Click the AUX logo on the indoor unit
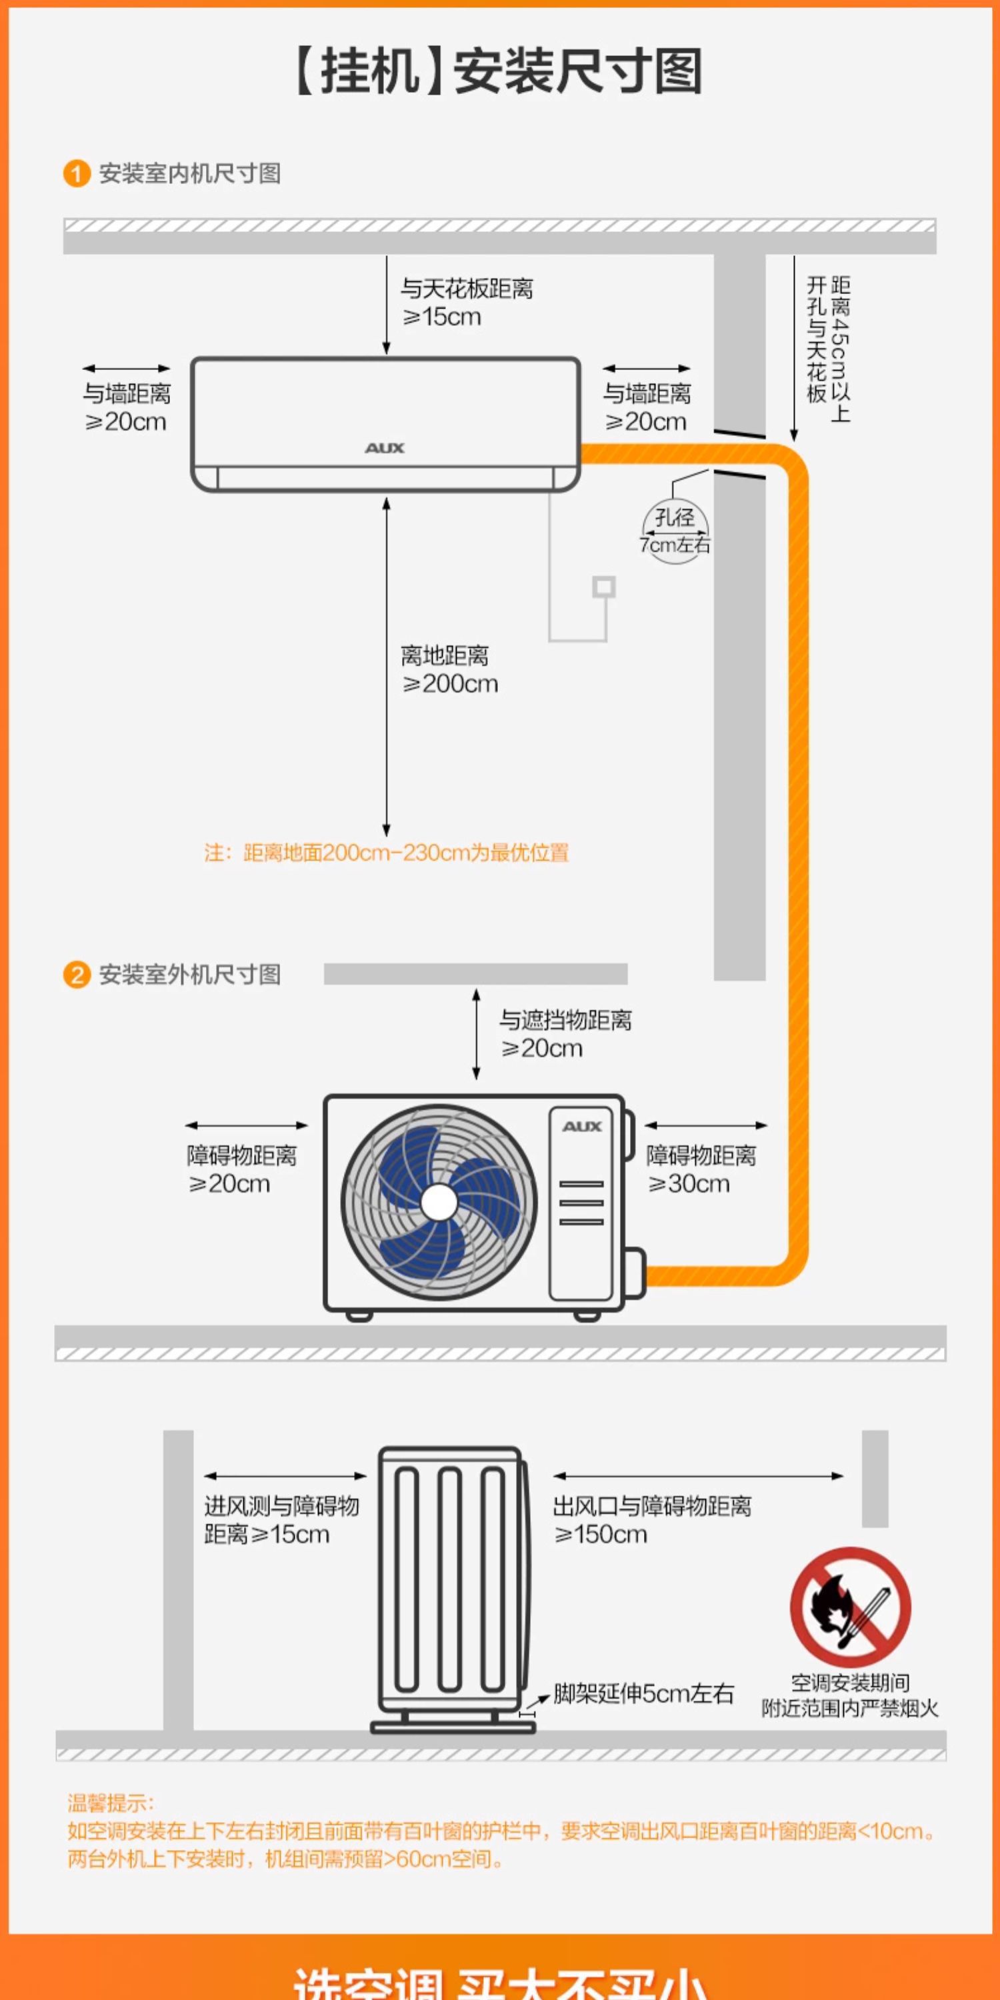385,448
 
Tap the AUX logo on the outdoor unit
582,1127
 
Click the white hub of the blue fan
439,1203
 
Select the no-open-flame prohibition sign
850,1607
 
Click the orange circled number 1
76,173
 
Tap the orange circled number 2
76,975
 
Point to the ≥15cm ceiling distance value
442,317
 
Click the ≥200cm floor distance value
450,684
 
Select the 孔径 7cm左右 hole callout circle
675,531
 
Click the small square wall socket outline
604,587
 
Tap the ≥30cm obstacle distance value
689,1184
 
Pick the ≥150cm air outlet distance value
601,1534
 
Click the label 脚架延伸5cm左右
643,1693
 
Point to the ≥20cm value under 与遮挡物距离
542,1049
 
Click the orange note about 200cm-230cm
387,853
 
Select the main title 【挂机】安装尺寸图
499,71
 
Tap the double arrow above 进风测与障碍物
285,1476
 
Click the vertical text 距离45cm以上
840,349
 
